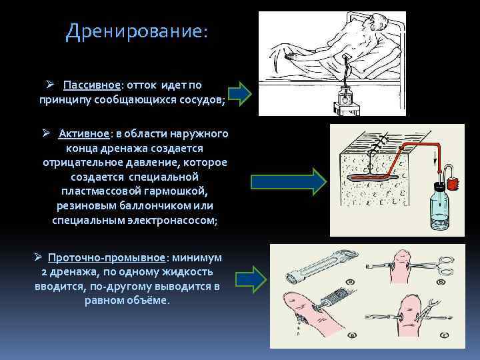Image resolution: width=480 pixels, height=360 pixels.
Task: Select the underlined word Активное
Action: [83, 133]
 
